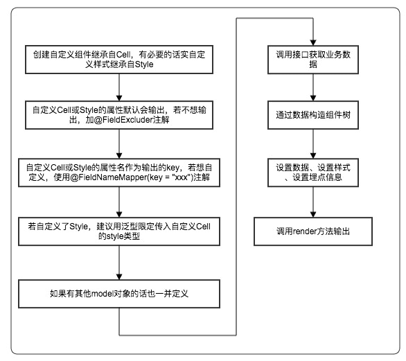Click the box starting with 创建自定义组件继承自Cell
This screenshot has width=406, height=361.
[119, 60]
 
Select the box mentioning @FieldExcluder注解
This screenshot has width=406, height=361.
[119, 115]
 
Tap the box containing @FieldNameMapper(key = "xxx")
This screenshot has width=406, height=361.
[119, 173]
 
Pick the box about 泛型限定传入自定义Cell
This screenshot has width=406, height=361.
[119, 231]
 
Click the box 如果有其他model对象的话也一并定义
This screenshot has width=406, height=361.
[119, 294]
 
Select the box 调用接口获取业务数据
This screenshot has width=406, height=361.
[313, 60]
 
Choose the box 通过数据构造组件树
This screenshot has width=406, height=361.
[313, 115]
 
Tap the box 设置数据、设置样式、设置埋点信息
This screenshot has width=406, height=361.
[313, 173]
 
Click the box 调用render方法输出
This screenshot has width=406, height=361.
[313, 231]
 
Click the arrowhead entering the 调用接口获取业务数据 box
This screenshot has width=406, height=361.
[313, 43]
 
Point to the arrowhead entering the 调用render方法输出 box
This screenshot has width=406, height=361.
[313, 214]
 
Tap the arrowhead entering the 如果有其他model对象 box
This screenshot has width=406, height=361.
[119, 277]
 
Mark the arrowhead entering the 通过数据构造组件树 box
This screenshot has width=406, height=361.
[313, 98]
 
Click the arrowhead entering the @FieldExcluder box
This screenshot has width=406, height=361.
[119, 98]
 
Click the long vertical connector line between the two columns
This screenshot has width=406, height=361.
[236, 177]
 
